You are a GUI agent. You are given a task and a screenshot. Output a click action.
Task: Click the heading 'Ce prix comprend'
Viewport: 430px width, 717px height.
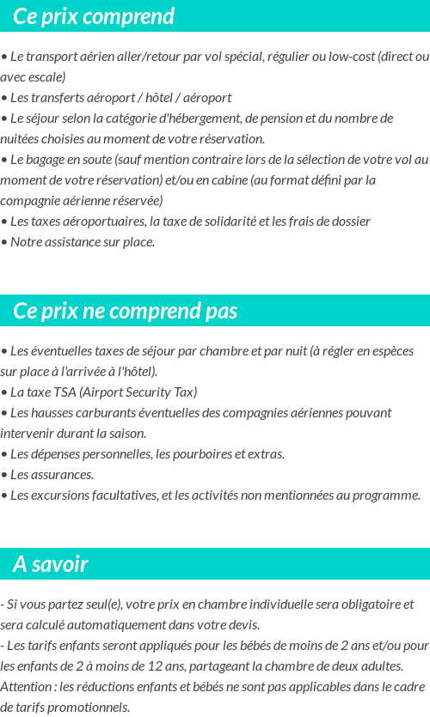[94, 16]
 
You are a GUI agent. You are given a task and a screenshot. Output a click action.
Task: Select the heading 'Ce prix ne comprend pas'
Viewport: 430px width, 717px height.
[125, 311]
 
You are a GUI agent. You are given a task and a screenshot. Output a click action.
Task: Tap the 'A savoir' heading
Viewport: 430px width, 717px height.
[51, 564]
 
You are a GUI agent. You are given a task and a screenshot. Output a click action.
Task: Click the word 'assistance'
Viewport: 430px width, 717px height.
[77, 242]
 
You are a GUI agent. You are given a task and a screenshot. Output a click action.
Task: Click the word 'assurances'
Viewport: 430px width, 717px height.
[62, 475]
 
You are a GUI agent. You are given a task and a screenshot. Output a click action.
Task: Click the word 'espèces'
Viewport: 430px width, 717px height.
[392, 351]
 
